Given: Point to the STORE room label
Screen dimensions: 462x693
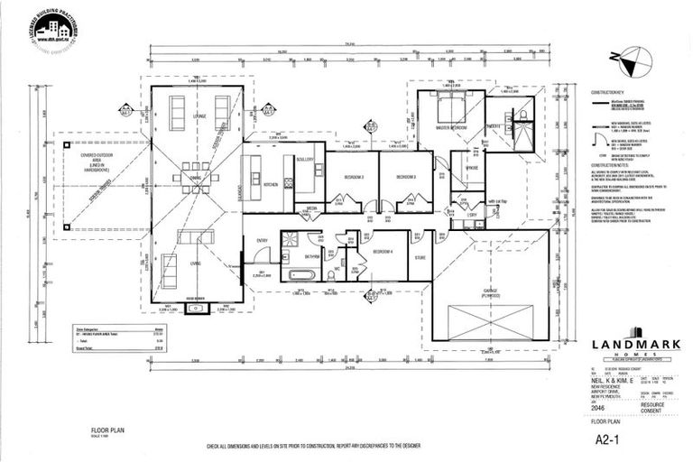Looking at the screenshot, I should (420, 257).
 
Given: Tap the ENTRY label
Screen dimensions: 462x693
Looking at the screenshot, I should (263, 240).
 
